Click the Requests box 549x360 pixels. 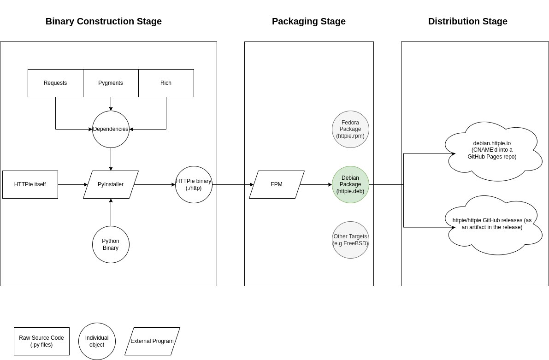(x=55, y=83)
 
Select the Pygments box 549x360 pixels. (x=111, y=83)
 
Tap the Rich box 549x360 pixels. (x=166, y=83)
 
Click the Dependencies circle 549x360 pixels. (x=111, y=129)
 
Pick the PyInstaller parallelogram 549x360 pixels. (x=111, y=184)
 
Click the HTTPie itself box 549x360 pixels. (x=30, y=184)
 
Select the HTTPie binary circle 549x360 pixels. (x=194, y=184)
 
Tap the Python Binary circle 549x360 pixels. (x=111, y=244)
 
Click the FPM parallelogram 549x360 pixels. (x=277, y=184)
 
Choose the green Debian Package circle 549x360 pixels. (x=350, y=184)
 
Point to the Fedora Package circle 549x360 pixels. (x=350, y=129)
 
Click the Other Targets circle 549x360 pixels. (x=350, y=240)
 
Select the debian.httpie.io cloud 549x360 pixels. (x=492, y=150)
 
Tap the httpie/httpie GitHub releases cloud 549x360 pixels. (x=492, y=224)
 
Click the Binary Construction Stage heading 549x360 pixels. (x=104, y=21)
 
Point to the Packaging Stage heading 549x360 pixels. (x=309, y=21)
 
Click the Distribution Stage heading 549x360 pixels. (x=467, y=21)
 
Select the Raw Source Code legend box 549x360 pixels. (x=41, y=341)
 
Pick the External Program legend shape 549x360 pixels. (x=152, y=341)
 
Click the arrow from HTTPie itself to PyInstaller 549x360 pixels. (x=72, y=184)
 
